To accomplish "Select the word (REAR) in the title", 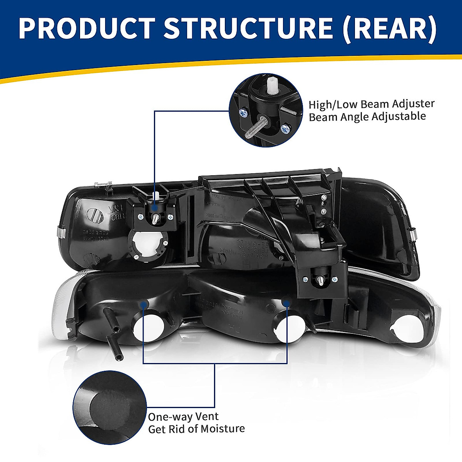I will point(390,28).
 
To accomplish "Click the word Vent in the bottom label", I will point(207,416).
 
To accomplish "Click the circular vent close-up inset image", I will point(110,407).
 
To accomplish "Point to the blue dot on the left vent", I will point(143,304).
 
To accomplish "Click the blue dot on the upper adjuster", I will point(155,208).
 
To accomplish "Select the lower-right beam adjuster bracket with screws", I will point(318,278).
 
